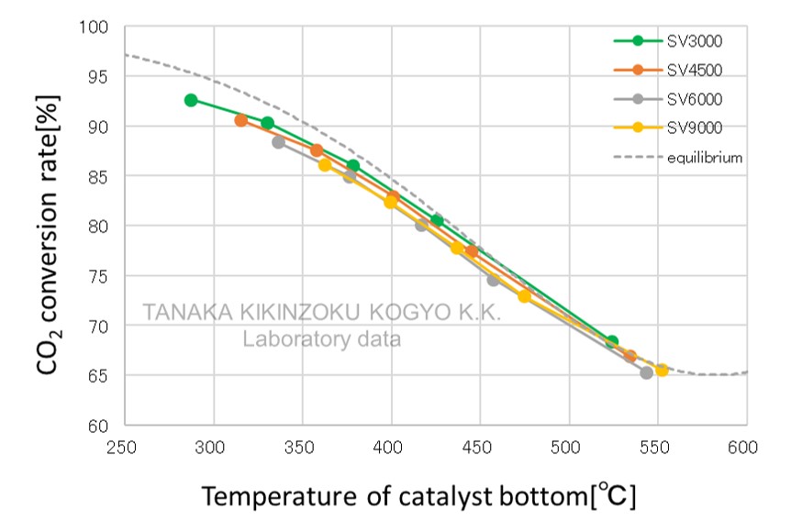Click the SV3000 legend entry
pos(677,40)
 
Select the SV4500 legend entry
pos(677,70)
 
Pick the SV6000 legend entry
pos(677,99)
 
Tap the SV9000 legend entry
pos(677,128)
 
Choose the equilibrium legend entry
pos(677,158)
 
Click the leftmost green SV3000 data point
pos(191,100)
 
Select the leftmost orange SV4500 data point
pos(241,120)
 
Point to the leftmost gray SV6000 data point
pos(278,142)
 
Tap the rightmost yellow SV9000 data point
pos(662,371)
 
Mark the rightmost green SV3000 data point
pos(612,342)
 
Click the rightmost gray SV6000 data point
pos(646,372)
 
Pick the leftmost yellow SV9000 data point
pos(325,165)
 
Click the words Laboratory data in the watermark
pos(321,339)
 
